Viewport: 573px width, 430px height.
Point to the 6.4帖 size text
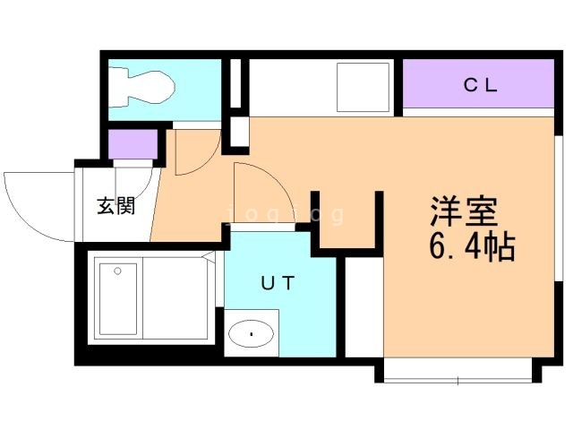[473, 247]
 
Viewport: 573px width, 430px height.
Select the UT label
[278, 283]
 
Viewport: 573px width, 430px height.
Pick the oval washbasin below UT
[252, 335]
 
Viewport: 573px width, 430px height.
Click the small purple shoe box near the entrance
[131, 144]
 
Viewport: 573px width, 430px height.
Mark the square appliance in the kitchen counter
[363, 88]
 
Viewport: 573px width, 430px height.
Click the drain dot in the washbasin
[252, 335]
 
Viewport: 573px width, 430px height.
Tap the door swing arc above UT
[260, 193]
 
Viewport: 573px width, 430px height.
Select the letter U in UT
[266, 283]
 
